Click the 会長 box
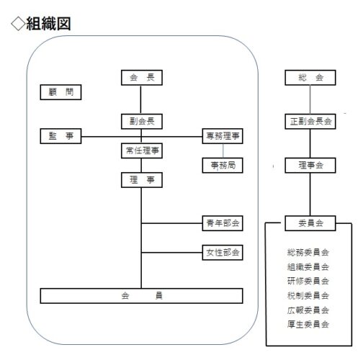142,78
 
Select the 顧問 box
60,92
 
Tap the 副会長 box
142,122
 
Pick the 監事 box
60,136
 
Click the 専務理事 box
223,136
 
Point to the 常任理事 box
142,150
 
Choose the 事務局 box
223,166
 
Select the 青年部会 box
223,223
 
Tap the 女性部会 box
223,253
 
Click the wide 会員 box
141,296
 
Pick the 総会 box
310,78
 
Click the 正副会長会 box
310,122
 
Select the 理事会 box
310,166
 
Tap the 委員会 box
310,223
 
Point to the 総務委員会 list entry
308,252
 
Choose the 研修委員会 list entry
308,281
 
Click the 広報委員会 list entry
308,310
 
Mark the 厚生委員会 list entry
308,325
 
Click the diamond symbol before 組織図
18,24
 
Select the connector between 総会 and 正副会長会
310,99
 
